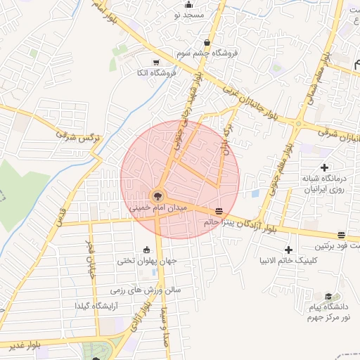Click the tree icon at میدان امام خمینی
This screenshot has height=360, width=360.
(x=157, y=195)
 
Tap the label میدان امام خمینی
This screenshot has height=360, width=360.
(x=157, y=209)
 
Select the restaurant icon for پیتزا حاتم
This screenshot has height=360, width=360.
(x=219, y=211)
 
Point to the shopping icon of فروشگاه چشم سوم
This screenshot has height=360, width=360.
(x=206, y=41)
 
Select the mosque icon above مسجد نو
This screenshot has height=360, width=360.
(x=188, y=4)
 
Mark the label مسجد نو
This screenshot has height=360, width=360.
(x=191, y=15)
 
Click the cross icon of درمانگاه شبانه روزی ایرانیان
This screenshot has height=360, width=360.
(x=324, y=167)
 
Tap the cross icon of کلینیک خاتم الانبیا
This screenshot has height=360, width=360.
(x=288, y=250)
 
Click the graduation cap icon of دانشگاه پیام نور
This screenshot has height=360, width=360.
(x=328, y=297)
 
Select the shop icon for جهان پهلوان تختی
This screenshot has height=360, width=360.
(x=147, y=250)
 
